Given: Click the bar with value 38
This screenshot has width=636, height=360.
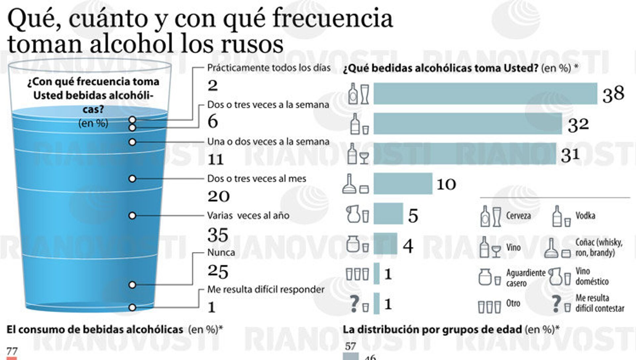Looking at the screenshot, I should (485, 94).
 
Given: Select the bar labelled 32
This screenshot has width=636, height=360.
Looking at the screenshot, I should (468, 124).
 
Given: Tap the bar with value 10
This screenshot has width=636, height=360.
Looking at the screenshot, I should (403, 183).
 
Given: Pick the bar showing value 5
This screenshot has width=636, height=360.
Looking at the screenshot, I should (388, 214).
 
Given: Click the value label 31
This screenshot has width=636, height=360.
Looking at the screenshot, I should (570, 154).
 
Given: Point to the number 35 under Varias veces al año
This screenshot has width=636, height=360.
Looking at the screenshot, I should (218, 235).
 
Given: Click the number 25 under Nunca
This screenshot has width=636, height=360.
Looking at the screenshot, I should (218, 271).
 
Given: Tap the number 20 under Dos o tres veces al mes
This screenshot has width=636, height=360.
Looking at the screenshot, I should (218, 196).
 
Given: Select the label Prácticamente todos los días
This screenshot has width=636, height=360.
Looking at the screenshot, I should (269, 68).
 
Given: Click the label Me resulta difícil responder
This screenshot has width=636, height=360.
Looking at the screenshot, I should (266, 289).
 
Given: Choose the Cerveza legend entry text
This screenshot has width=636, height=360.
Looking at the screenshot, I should (518, 216).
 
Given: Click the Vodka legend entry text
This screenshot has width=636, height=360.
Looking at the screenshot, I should (585, 216).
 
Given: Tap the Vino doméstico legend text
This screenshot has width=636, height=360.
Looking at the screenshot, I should (592, 276).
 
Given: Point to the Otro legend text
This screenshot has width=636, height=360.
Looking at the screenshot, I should (513, 303).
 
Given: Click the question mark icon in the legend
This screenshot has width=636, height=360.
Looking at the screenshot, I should (556, 304).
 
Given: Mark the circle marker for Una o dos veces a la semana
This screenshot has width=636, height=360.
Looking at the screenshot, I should (132, 142).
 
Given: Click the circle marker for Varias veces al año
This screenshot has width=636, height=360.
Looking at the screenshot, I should (132, 216).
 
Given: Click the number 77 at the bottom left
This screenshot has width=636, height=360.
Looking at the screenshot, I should (12, 351).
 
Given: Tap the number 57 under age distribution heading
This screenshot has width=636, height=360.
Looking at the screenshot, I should (350, 346).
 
